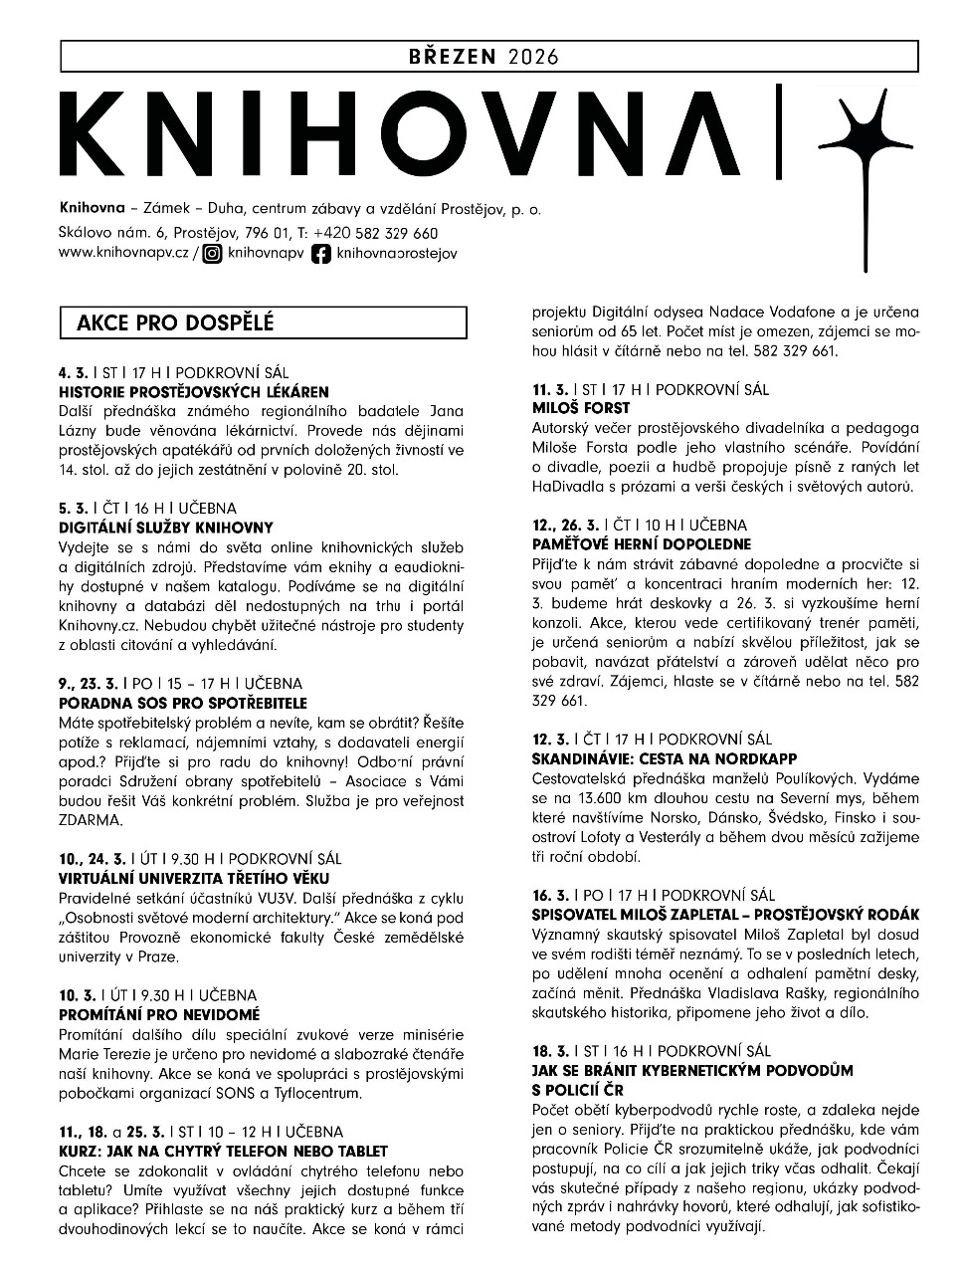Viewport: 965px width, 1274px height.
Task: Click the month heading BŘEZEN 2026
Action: click(483, 56)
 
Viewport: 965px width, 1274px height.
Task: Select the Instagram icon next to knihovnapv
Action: click(212, 254)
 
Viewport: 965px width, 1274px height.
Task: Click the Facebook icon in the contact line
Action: click(321, 254)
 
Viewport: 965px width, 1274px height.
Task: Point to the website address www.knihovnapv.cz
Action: click(123, 254)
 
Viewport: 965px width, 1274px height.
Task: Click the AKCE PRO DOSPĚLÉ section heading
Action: click(175, 322)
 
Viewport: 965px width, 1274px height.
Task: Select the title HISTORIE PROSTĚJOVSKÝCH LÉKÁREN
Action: click(193, 392)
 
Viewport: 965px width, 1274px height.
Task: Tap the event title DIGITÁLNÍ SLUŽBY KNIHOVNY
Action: click(165, 528)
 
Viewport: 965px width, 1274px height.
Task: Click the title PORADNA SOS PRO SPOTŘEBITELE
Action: click(183, 703)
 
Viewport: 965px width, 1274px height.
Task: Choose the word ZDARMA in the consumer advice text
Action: click(90, 820)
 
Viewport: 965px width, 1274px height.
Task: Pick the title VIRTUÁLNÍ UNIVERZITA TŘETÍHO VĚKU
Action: click(194, 878)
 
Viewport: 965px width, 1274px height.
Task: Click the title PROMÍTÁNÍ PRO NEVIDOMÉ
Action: click(159, 1014)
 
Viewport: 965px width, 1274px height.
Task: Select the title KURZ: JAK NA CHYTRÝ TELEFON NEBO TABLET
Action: click(223, 1151)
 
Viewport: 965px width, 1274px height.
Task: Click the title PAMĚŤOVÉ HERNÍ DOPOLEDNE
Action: click(642, 544)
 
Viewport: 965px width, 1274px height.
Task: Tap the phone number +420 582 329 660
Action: click(375, 233)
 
